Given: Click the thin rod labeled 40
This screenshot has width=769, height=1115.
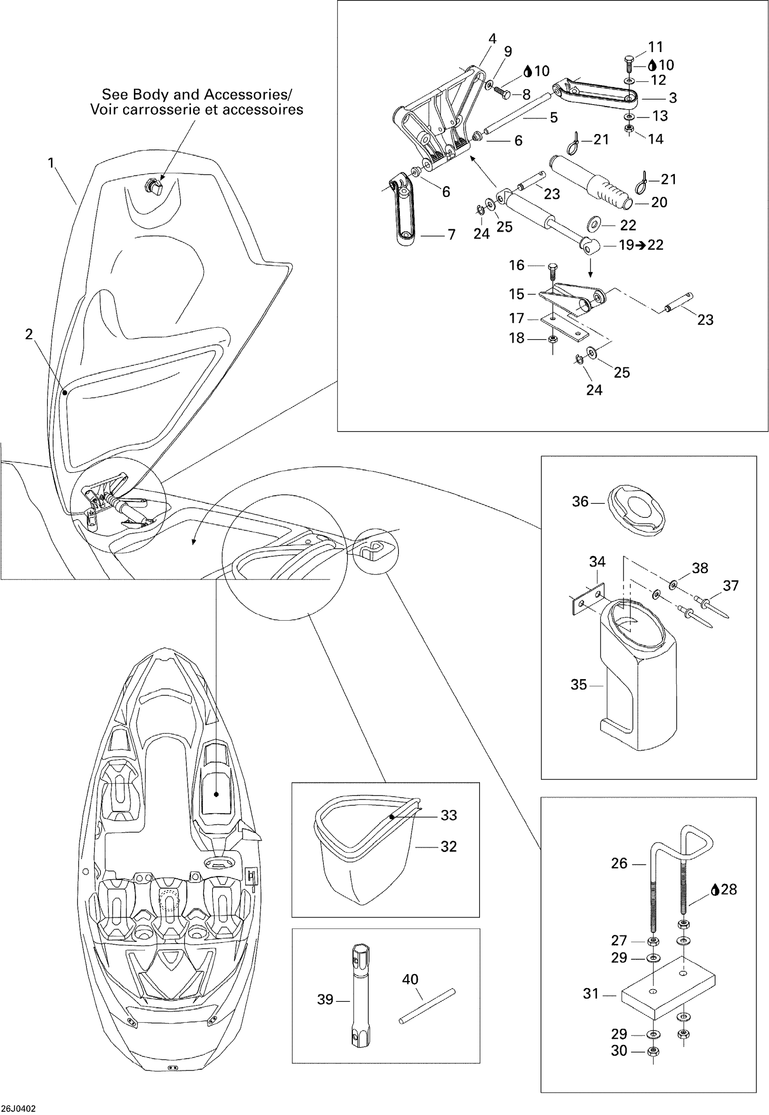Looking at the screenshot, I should point(427,1006).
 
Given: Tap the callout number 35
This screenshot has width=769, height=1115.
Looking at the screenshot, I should point(579,684).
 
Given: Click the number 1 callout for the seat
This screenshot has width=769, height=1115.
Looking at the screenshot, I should point(51,163).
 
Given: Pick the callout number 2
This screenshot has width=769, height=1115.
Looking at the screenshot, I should point(29,334).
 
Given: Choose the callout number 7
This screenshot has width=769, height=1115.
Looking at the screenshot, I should point(451,235).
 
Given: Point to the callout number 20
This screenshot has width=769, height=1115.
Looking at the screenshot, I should point(659,202).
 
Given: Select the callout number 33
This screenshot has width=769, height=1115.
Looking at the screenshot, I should point(449,815).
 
